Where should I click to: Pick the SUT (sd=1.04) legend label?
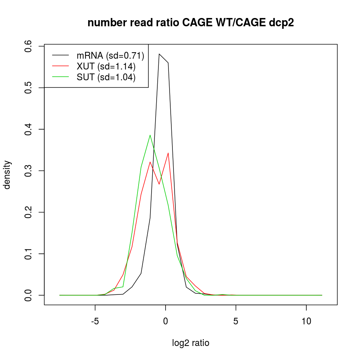[106, 77]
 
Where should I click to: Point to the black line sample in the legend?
[60, 55]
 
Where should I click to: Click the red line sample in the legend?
[60, 66]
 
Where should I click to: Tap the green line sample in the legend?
[60, 77]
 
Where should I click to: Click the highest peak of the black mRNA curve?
[159, 54]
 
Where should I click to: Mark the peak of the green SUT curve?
[150, 135]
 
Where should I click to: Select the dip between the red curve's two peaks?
[159, 184]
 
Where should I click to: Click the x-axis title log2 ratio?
[191, 343]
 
